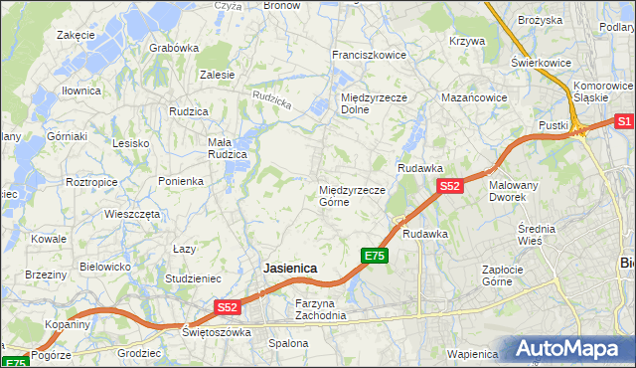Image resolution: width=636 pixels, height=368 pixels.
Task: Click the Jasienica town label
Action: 289,269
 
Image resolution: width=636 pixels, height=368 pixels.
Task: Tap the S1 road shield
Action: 624,121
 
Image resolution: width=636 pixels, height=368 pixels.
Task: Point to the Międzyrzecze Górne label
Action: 347,196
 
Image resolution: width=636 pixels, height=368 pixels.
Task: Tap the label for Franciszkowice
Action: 369,56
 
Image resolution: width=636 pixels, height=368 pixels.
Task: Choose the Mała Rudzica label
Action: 227,148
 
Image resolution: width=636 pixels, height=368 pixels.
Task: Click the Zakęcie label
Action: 76,35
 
